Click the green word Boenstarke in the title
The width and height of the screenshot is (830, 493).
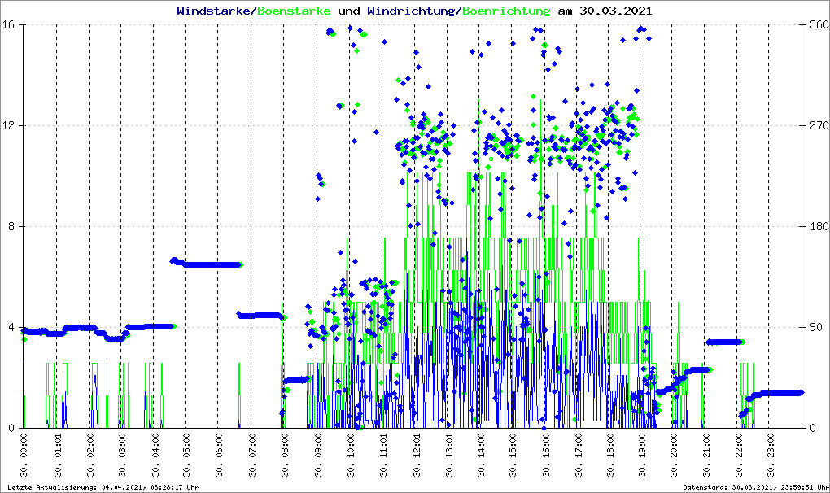click(294, 11)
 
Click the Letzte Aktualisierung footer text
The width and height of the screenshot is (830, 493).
click(102, 487)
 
